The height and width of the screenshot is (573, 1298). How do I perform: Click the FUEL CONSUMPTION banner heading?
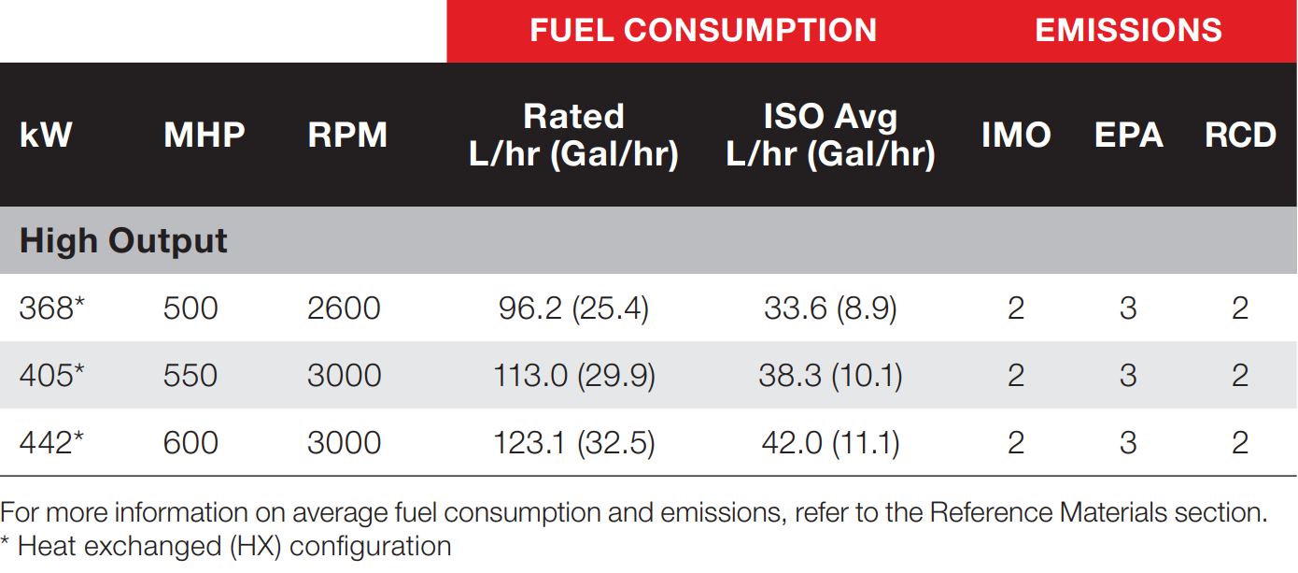pyautogui.click(x=703, y=30)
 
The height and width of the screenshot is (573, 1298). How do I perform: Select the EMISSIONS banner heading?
pyautogui.click(x=1128, y=30)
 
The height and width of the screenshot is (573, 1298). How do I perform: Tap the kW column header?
pyautogui.click(x=46, y=135)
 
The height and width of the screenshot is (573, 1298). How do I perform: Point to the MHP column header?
pyautogui.click(x=204, y=135)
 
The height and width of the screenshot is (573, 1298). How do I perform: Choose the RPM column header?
pyautogui.click(x=347, y=135)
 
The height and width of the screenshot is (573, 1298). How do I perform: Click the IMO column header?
pyautogui.click(x=1016, y=135)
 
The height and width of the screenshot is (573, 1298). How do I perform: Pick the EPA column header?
pyautogui.click(x=1128, y=135)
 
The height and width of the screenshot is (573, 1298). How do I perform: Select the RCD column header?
pyautogui.click(x=1240, y=135)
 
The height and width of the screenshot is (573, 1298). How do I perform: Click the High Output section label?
pyautogui.click(x=123, y=241)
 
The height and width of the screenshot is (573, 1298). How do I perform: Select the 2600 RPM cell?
pyautogui.click(x=344, y=308)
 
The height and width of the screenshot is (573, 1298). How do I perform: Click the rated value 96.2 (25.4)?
pyautogui.click(x=573, y=308)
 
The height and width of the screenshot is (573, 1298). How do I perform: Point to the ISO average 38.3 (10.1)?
pyautogui.click(x=830, y=376)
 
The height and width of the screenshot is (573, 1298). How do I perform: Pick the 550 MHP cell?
pyautogui.click(x=190, y=376)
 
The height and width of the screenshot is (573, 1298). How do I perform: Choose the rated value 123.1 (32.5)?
pyautogui.click(x=573, y=443)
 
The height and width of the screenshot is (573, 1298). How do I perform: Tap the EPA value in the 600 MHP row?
pyautogui.click(x=1128, y=443)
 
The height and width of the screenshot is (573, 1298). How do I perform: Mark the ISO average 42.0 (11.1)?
pyautogui.click(x=830, y=443)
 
